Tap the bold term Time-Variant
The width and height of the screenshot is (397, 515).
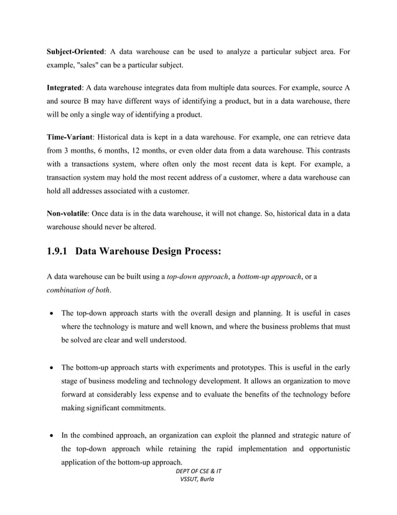71,135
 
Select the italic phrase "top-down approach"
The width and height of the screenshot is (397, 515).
197,276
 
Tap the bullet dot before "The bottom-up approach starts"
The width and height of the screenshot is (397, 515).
51,367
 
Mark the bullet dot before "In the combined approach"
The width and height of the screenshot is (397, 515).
51,435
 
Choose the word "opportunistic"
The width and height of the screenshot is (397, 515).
321,450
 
